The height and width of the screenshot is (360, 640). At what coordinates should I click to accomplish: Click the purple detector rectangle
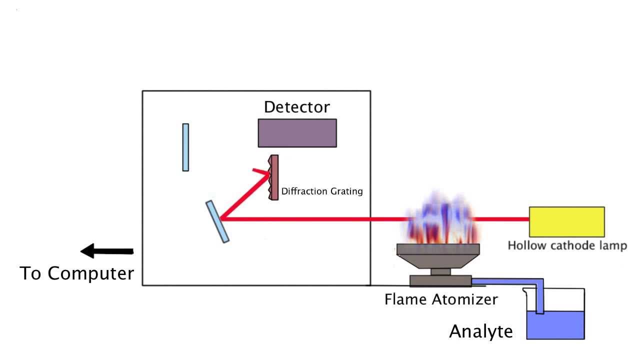(x=297, y=133)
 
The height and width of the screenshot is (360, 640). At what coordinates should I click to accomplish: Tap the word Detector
(x=297, y=107)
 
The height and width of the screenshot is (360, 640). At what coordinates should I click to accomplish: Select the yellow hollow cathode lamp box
(x=566, y=221)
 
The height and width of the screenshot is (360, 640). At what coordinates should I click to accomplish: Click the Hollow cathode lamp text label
(x=567, y=245)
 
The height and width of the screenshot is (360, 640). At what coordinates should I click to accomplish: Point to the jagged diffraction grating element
(x=273, y=177)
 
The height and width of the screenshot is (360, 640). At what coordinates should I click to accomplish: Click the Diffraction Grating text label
(x=322, y=191)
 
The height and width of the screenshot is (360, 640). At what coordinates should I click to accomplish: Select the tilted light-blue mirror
(x=217, y=221)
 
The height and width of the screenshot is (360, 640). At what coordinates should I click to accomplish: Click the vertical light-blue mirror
(x=185, y=147)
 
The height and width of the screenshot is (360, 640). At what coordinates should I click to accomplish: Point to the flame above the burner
(x=437, y=220)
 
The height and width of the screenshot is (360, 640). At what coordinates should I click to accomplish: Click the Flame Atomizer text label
(x=441, y=299)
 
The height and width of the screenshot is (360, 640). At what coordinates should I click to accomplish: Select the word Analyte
(x=481, y=331)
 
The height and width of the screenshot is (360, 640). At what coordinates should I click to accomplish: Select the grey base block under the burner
(x=440, y=281)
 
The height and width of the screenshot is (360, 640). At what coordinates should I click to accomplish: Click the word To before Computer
(x=31, y=273)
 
